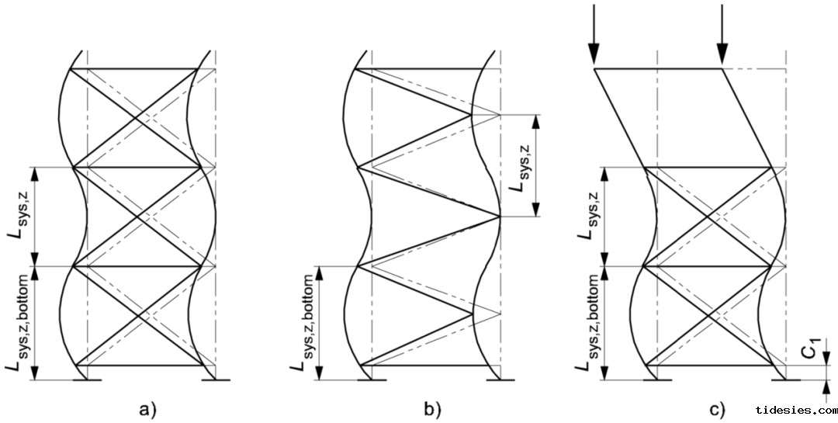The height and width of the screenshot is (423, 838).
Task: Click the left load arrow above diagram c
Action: coord(594,35)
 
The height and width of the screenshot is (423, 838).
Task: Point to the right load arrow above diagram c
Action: coord(722,35)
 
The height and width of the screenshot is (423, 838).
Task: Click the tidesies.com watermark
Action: coord(795,410)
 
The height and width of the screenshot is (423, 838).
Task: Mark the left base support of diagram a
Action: coord(85,380)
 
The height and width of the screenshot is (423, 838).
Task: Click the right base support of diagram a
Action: coord(215,380)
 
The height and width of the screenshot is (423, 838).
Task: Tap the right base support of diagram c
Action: coord(786,380)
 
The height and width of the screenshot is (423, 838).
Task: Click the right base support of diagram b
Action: coord(500,380)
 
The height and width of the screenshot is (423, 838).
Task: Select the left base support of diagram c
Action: coord(657,380)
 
